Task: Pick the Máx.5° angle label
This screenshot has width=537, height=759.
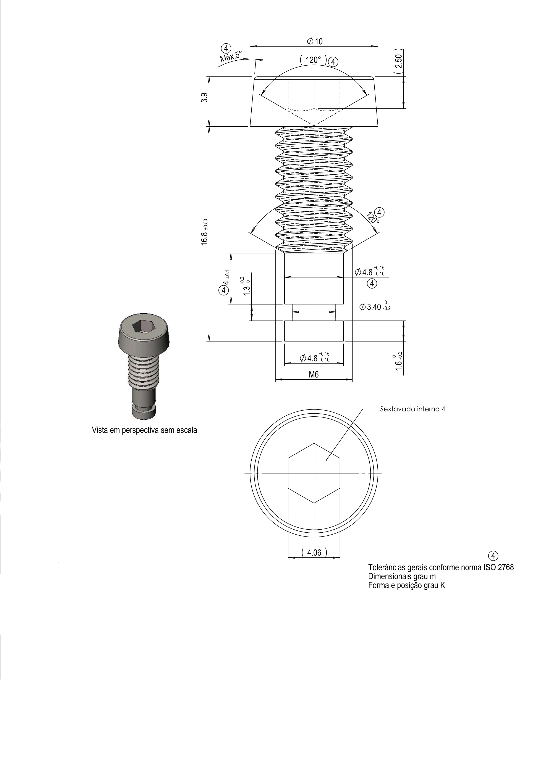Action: pyautogui.click(x=231, y=57)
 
